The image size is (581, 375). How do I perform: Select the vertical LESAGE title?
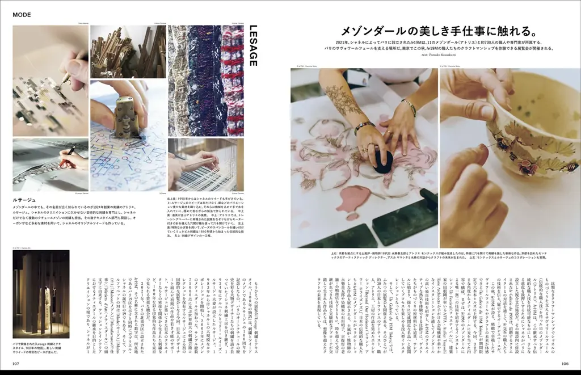point(254,45)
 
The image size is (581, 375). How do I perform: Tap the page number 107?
point(18,364)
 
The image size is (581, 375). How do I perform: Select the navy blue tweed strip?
point(205,79)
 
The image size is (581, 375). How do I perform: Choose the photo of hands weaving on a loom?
point(205,165)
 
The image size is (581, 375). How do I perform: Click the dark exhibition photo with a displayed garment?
point(40,294)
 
